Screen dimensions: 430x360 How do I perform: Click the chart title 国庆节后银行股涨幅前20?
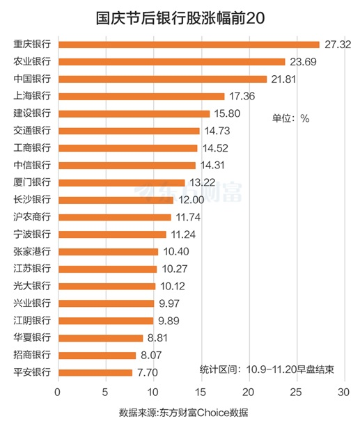click(x=180, y=16)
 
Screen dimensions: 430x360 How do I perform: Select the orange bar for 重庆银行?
click(x=189, y=45)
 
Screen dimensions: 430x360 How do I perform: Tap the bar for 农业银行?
click(x=172, y=62)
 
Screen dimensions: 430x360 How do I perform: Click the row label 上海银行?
click(x=32, y=96)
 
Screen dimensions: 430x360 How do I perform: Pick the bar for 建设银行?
click(x=134, y=113)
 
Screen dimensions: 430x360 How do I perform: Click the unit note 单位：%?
click(x=290, y=118)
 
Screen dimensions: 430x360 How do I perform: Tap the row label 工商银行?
click(x=32, y=148)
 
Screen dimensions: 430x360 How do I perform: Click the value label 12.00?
click(x=189, y=200)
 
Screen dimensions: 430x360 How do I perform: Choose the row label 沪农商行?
click(x=32, y=217)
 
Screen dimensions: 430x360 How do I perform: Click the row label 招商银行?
click(x=32, y=355)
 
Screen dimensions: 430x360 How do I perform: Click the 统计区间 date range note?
click(x=272, y=369)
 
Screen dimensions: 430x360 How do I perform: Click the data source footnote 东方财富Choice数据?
click(x=184, y=413)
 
